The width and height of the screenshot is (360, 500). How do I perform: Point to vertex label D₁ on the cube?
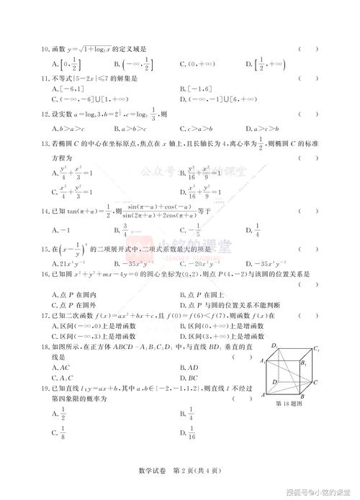tap(274, 347)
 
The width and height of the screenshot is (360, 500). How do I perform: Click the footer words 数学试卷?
tap(150, 471)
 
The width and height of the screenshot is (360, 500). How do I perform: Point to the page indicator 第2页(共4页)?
tap(195, 471)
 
